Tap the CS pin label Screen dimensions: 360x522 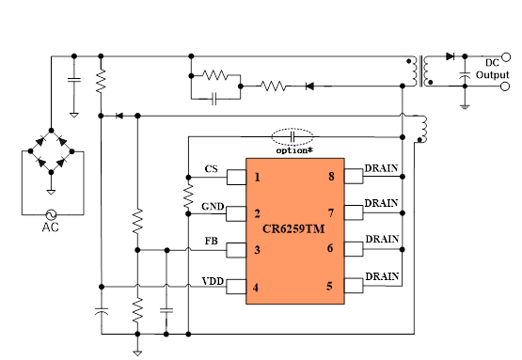click(x=212, y=169)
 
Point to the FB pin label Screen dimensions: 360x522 click(x=213, y=241)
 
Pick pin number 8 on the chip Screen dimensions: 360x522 click(x=329, y=177)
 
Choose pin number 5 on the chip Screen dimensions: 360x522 click(x=329, y=285)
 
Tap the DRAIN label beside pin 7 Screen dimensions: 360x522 click(x=381, y=203)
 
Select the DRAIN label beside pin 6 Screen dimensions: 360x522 click(x=381, y=240)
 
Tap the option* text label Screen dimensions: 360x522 click(x=294, y=149)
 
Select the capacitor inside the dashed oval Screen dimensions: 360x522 click(x=296, y=135)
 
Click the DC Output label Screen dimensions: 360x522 click(x=492, y=69)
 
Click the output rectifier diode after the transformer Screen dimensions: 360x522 click(x=449, y=55)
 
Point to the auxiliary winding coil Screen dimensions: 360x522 click(x=423, y=128)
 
